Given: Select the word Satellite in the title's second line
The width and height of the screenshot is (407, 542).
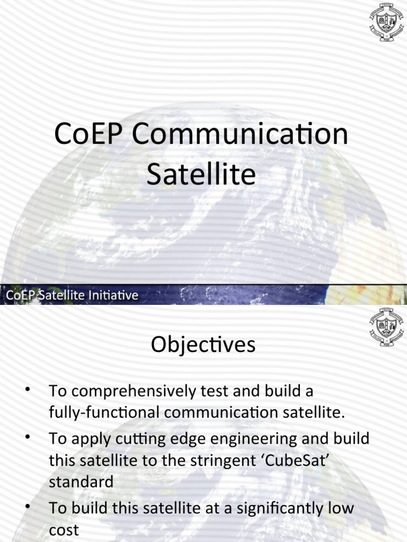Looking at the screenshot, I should (201, 175).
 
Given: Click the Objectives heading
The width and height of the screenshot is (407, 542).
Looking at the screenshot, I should (203, 345).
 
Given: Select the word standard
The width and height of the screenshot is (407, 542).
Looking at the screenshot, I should (81, 482).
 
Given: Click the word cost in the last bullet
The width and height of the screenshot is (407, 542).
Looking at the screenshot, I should (64, 530).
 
